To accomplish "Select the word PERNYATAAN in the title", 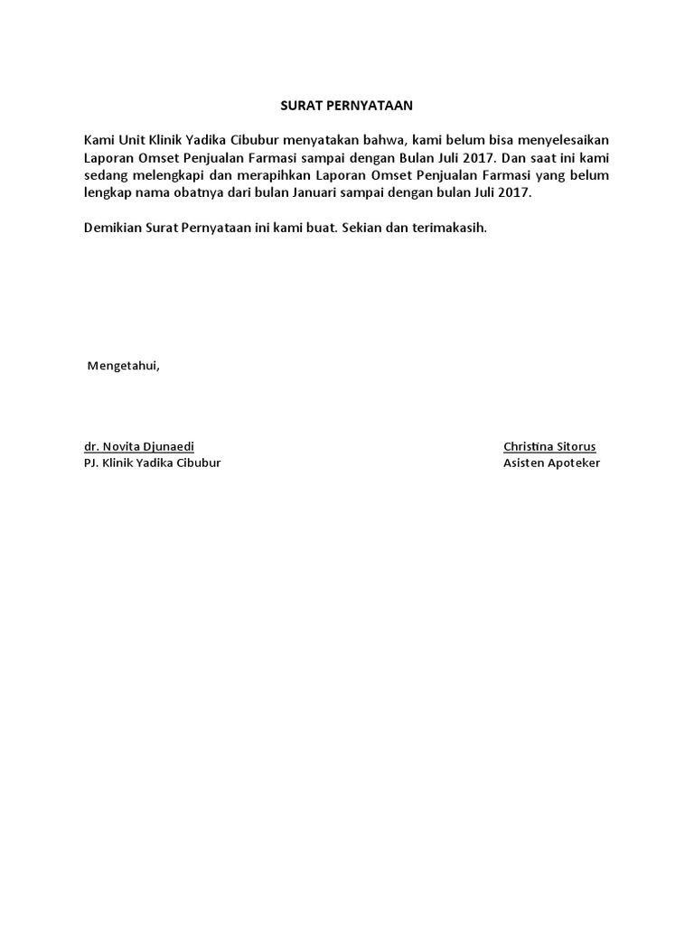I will point(366,106).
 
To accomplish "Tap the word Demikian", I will point(112,228).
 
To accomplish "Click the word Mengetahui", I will point(122,366).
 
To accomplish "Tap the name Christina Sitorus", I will point(549,446).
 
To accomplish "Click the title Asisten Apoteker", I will point(551,463).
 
